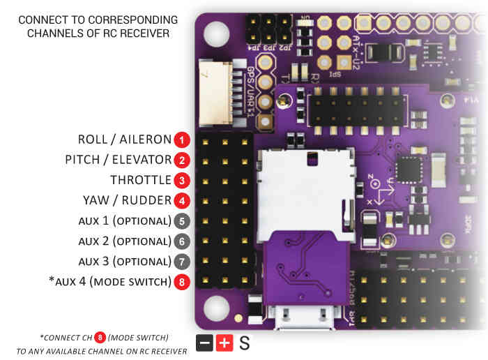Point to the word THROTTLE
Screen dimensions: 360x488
(140, 180)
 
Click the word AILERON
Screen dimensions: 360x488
(146, 140)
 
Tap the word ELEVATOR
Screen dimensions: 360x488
(142, 160)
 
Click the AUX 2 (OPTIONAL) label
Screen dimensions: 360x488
(124, 241)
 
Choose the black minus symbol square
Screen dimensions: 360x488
(205, 343)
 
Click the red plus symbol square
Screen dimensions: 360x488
(224, 343)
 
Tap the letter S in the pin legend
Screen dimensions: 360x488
(244, 343)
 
